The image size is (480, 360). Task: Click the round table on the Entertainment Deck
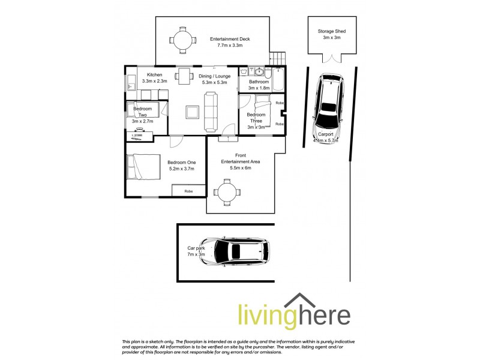pos(182,40)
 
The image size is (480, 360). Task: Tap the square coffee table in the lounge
pos(192,112)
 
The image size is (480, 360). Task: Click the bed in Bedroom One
pos(142,166)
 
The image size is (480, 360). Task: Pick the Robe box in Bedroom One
pos(188,191)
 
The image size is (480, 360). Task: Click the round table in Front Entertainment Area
pos(227,192)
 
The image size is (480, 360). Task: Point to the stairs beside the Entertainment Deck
pos(277,59)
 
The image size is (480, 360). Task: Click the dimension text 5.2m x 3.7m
pos(181,169)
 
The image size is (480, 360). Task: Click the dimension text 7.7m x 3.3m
pos(230,46)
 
